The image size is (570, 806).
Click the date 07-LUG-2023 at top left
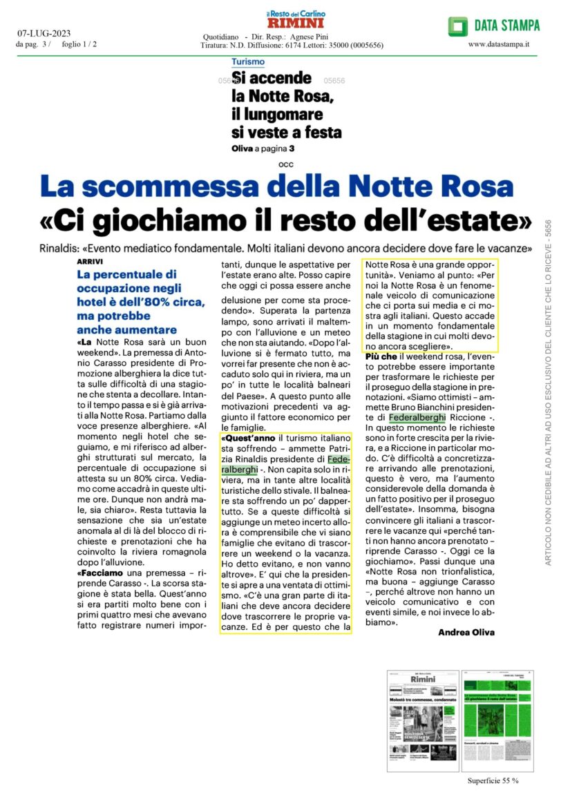point(44,33)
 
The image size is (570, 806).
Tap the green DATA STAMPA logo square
point(457,26)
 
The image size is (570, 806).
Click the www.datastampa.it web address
point(498,44)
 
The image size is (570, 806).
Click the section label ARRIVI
point(90,262)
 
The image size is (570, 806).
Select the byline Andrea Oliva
point(466,632)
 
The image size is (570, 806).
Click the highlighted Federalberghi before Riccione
point(417,418)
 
